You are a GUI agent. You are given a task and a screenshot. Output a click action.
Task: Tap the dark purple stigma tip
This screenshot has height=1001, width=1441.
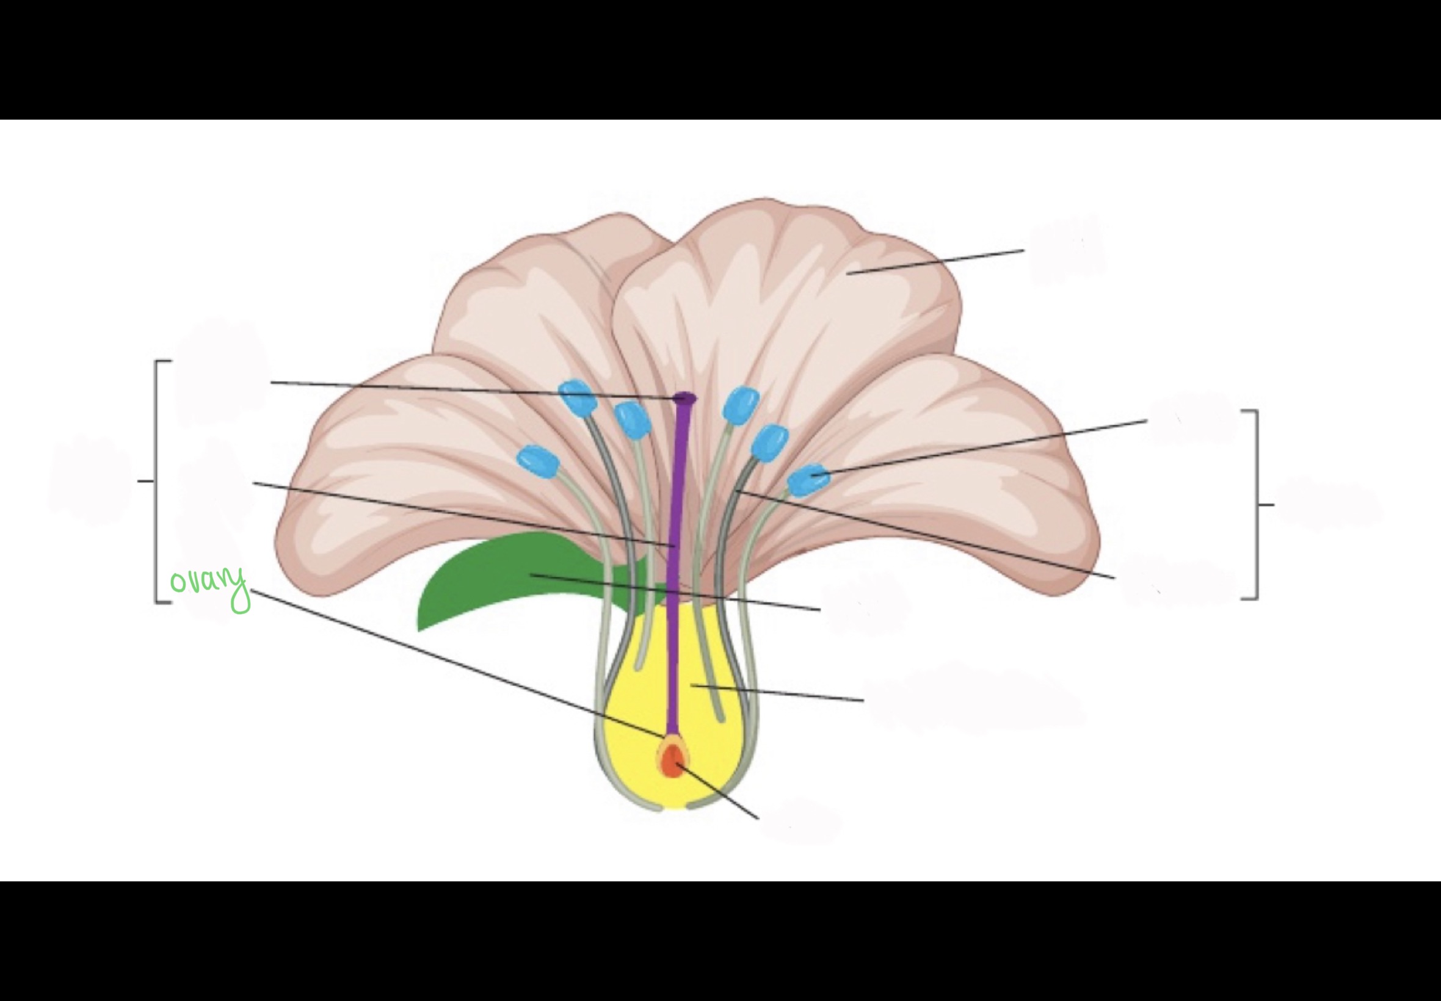coord(685,397)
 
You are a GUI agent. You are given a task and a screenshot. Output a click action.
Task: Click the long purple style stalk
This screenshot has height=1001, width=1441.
coord(677,565)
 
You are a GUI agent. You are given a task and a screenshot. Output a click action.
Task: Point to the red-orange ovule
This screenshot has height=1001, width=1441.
coord(672,762)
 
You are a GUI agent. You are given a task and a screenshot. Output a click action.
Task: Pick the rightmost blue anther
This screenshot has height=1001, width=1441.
coord(808,480)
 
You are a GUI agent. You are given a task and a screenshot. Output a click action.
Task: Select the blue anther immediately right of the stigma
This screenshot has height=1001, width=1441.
coord(741,405)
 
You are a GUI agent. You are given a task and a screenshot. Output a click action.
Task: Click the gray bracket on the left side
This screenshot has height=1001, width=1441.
coord(156,481)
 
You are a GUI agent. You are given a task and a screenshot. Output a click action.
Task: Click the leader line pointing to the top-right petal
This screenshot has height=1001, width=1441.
coord(935,262)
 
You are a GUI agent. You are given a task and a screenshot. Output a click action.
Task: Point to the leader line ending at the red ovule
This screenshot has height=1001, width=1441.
coord(718,792)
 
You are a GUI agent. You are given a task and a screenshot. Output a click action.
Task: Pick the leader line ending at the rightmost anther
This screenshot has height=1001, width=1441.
coord(979,447)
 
